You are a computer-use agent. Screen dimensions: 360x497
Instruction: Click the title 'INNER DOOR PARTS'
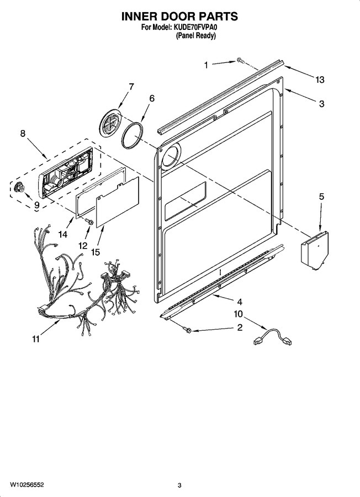coord(179,16)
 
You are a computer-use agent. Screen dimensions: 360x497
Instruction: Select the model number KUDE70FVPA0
coord(195,28)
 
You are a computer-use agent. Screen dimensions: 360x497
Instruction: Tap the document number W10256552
coord(27,485)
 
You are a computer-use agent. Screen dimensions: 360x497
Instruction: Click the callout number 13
coord(320,80)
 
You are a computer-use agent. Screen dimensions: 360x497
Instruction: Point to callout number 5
coord(321,197)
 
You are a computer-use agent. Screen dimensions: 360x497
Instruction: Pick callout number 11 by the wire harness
coord(35,339)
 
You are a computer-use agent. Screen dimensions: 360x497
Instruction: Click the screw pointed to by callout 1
coord(240,60)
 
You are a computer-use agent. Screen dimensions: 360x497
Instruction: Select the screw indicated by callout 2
coord(187,330)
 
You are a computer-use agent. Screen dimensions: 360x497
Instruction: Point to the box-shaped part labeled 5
coord(315,248)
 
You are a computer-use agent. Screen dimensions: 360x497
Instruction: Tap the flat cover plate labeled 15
coord(118,202)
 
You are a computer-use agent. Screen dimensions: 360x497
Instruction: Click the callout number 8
coord(23,134)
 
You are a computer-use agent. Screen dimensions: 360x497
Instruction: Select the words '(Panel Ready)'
coord(196,35)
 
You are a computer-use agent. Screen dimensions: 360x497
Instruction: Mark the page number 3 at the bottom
coord(179,485)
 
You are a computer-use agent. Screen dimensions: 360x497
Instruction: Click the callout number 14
coord(63,234)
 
